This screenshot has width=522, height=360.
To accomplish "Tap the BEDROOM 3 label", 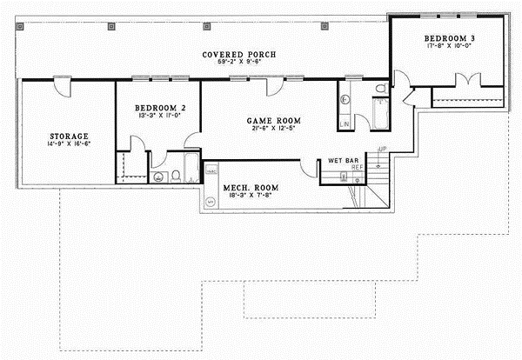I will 449,39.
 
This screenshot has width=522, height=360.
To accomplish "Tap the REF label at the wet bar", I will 357,168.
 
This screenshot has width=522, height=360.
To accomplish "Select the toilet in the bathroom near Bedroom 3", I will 380,89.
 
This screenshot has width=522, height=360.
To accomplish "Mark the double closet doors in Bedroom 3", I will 469,83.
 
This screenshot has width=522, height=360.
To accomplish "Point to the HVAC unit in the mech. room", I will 210,172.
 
